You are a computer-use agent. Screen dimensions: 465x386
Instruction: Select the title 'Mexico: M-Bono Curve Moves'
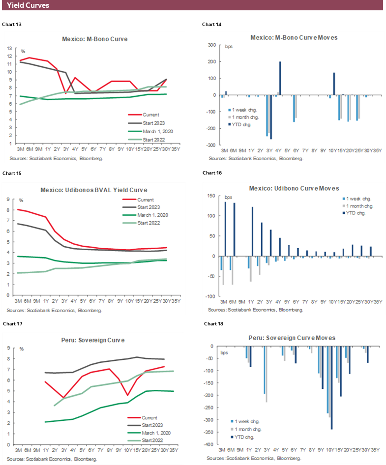pos(294,37)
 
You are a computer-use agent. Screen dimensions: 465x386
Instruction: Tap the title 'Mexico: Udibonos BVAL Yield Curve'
pos(95,190)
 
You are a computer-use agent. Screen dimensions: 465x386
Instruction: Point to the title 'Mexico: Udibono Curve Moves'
pos(294,188)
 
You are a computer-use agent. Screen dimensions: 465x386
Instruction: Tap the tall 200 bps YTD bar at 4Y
pos(280,78)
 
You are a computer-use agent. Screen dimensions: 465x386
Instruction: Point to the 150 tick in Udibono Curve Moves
pos(213,196)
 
